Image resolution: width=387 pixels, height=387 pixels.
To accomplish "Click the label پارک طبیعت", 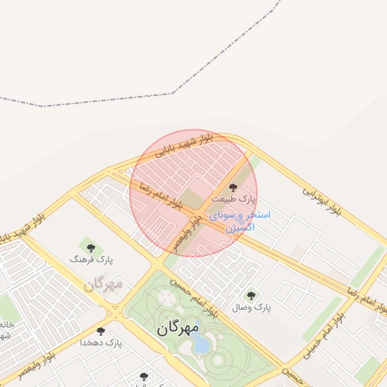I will [x=234, y=199].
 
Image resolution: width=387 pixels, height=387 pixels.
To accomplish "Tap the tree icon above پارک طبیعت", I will [x=232, y=186].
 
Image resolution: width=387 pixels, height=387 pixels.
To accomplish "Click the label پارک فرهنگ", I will [x=91, y=259].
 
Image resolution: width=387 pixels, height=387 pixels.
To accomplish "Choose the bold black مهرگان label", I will [x=178, y=329].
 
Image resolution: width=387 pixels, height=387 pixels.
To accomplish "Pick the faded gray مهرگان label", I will [x=103, y=285].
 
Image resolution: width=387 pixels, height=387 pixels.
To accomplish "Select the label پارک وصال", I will [x=252, y=308].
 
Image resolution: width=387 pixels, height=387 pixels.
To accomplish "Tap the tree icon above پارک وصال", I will [x=251, y=295].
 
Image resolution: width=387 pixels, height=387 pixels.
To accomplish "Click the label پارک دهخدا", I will [x=101, y=343].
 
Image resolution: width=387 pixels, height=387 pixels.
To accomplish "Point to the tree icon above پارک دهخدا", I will [x=101, y=331].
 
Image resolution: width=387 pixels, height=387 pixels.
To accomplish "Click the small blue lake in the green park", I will [x=202, y=345].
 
